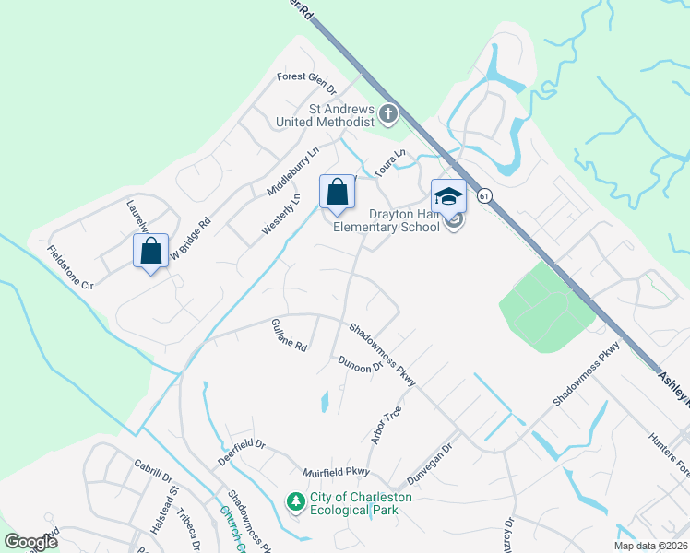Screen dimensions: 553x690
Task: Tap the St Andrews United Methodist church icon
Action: pyautogui.click(x=388, y=114)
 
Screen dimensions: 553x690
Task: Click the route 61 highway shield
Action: pyautogui.click(x=483, y=195)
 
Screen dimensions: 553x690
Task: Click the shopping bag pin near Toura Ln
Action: pyautogui.click(x=338, y=193)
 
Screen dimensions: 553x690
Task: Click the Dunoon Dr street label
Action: pyautogui.click(x=360, y=364)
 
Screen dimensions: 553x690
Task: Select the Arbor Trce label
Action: pyautogui.click(x=386, y=426)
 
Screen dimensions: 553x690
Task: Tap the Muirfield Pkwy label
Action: pyautogui.click(x=336, y=473)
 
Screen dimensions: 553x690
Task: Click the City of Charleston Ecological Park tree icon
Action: pyautogui.click(x=296, y=502)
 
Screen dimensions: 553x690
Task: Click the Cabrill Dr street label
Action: pyautogui.click(x=153, y=470)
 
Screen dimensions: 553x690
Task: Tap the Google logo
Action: pyautogui.click(x=31, y=541)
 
